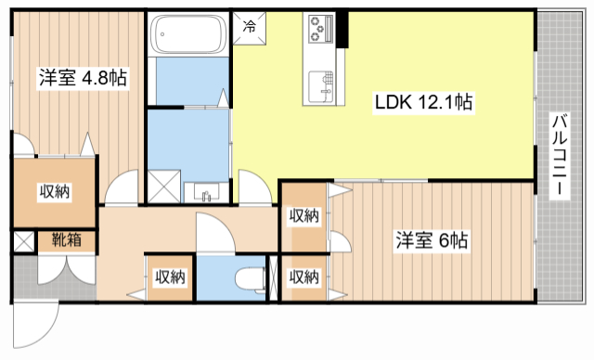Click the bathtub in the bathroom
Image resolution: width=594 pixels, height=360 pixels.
pyautogui.click(x=188, y=34)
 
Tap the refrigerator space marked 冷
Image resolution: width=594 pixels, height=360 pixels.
pyautogui.click(x=250, y=28)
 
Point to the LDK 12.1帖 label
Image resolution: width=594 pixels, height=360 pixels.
pyautogui.click(x=423, y=102)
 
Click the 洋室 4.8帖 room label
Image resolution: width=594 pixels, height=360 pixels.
pyautogui.click(x=83, y=78)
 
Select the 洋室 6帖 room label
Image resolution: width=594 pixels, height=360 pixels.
pyautogui.click(x=432, y=240)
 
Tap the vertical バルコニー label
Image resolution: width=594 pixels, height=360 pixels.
pyautogui.click(x=560, y=155)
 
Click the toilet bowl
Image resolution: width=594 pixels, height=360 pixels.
pyautogui.click(x=250, y=280)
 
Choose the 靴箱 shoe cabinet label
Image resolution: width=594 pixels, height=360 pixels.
pyautogui.click(x=67, y=239)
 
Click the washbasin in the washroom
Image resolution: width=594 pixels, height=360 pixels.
pyautogui.click(x=206, y=191)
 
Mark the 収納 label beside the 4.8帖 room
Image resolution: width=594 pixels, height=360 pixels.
pyautogui.click(x=55, y=192)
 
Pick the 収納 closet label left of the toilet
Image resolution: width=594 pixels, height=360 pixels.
pyautogui.click(x=170, y=277)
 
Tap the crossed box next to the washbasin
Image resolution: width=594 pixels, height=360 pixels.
pyautogui.click(x=164, y=186)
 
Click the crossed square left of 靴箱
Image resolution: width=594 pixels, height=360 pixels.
pyautogui.click(x=24, y=241)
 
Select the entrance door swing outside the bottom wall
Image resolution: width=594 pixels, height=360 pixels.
pyautogui.click(x=35, y=325)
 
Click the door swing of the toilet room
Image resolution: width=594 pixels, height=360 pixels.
pyautogui.click(x=215, y=233)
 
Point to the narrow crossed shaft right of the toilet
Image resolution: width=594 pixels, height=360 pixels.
pyautogui.click(x=274, y=277)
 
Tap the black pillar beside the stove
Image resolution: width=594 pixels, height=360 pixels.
pyautogui.click(x=342, y=30)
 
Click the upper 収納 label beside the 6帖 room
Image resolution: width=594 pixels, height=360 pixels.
pyautogui.click(x=304, y=216)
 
